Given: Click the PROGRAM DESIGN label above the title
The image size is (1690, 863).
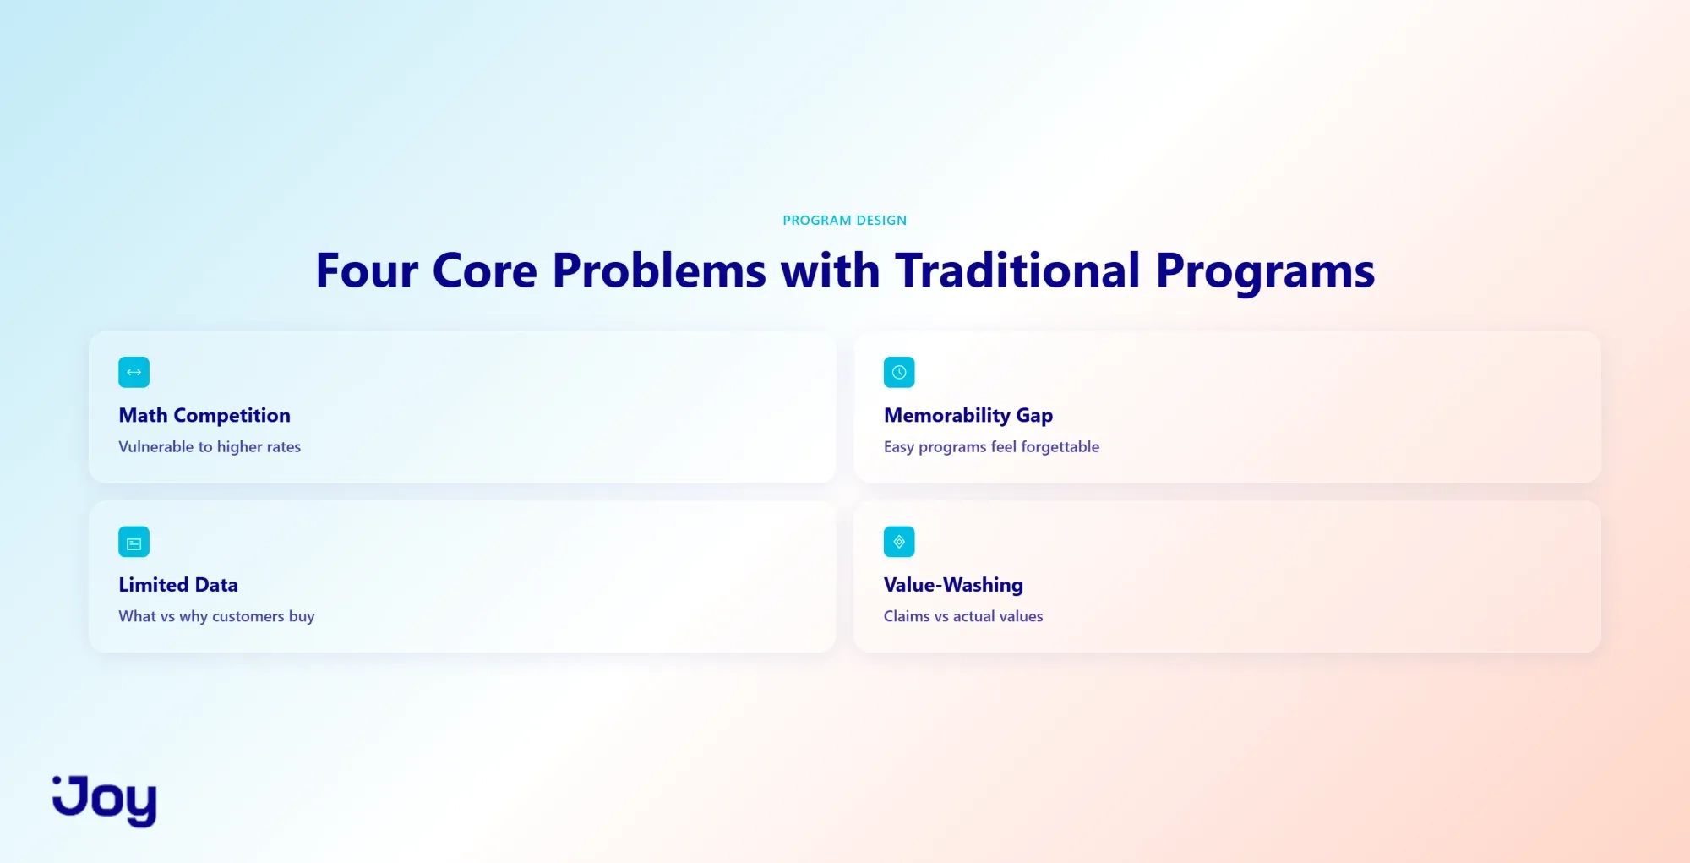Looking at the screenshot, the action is point(844,221).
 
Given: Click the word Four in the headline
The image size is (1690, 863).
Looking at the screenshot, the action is point(367,271).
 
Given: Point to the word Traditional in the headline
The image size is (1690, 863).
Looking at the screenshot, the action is point(1017,271).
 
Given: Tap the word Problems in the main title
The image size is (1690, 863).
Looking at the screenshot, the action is point(659,271).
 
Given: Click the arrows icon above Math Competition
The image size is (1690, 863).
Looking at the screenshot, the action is point(134,373).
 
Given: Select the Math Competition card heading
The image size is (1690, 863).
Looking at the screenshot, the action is point(204,416).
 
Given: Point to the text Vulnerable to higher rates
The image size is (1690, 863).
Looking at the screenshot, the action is point(210,447).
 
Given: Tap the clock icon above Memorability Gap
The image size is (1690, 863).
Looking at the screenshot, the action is point(899,373).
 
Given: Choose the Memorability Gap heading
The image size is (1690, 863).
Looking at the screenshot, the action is point(968,416).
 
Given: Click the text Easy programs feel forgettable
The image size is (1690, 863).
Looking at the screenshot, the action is point(991,447).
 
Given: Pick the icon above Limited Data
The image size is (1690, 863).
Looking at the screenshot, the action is point(134,542).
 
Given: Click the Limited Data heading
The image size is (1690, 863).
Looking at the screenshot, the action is point(178,585).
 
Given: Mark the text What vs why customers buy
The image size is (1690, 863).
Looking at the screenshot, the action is point(216,616).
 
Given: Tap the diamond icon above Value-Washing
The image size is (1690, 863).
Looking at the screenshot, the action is point(899,542).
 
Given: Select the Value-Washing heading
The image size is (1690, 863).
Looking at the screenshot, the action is point(953,585).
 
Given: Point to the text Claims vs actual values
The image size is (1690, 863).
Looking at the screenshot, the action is point(963,616).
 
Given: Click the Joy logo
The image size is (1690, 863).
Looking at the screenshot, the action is point(105,800).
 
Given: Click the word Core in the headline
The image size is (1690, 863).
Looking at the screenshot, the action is point(485,271).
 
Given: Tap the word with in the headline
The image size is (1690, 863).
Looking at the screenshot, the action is point(831,271).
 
